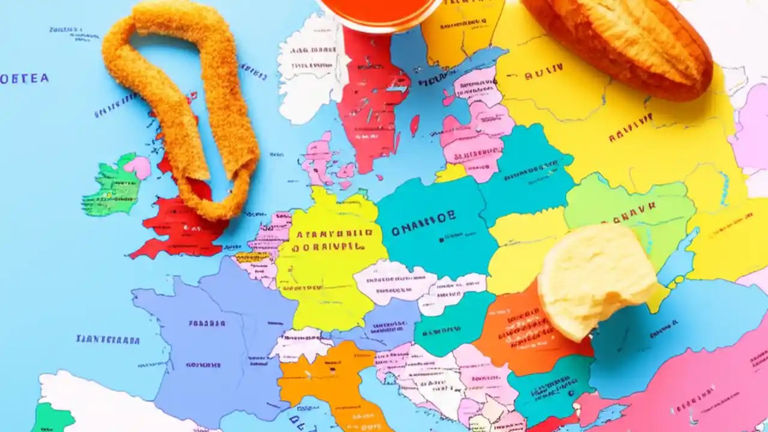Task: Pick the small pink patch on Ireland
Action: (139, 167)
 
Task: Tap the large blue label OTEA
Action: (24, 79)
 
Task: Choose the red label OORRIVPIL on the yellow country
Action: (327, 246)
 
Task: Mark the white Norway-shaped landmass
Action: (309, 66)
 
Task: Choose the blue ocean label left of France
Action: (108, 340)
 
